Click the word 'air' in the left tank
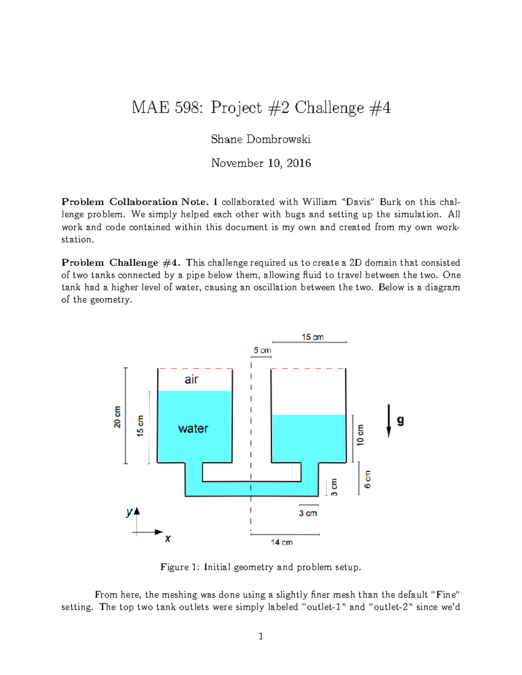[x=191, y=379]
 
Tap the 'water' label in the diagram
[x=193, y=429]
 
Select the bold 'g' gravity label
[x=400, y=420]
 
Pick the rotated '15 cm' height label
[x=140, y=426]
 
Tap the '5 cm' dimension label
[x=262, y=350]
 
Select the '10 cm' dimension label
[x=360, y=435]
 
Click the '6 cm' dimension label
[x=368, y=479]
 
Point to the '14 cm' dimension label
[x=281, y=542]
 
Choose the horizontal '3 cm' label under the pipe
[x=308, y=513]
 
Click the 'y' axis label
[x=129, y=512]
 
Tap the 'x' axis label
[x=168, y=539]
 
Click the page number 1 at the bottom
[x=261, y=636]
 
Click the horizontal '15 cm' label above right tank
[x=313, y=337]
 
